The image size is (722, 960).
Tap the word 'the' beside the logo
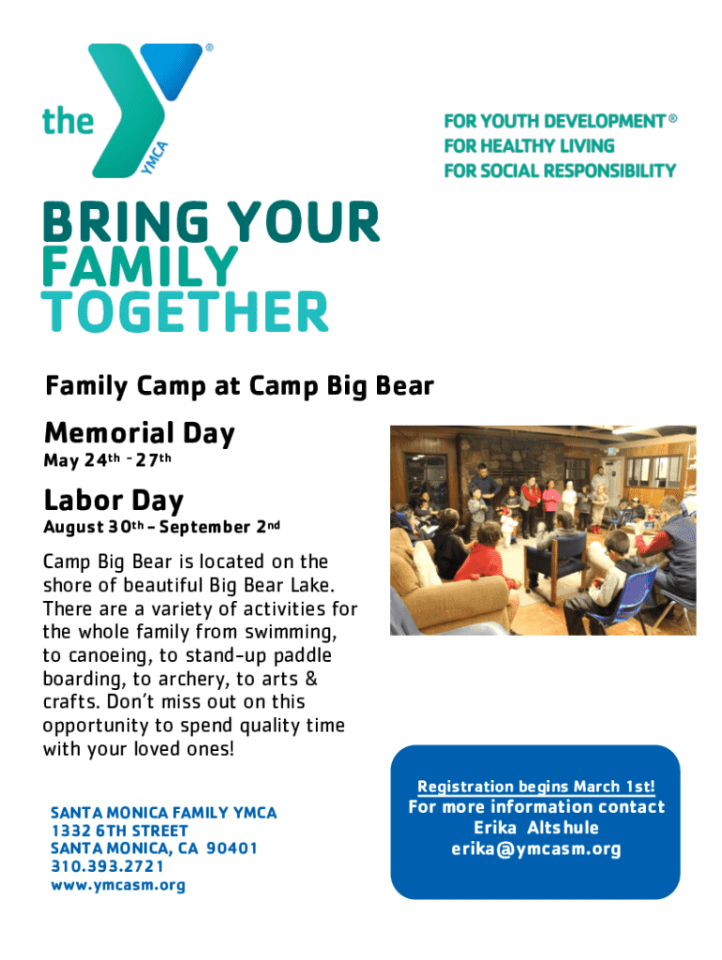coord(68,121)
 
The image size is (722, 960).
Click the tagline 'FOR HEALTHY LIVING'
coord(529,145)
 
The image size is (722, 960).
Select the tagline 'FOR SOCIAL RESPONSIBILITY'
coord(560,171)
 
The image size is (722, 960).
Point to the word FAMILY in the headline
coord(140,266)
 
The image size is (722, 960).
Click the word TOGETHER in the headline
coord(185,311)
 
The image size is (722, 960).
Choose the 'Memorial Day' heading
coord(140,433)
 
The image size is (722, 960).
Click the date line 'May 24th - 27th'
coord(107,459)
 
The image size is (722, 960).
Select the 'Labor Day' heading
coord(113,501)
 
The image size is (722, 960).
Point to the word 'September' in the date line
coord(204,527)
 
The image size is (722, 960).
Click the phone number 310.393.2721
coord(108,866)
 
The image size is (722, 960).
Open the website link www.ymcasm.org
coord(118,885)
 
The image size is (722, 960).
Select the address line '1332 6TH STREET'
coord(119,831)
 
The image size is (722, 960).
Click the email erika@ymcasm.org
coord(535,849)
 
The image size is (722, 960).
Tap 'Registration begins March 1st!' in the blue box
coord(535,787)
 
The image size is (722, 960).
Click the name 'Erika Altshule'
coord(535,828)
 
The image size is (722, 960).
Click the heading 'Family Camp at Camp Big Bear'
coord(239,386)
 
